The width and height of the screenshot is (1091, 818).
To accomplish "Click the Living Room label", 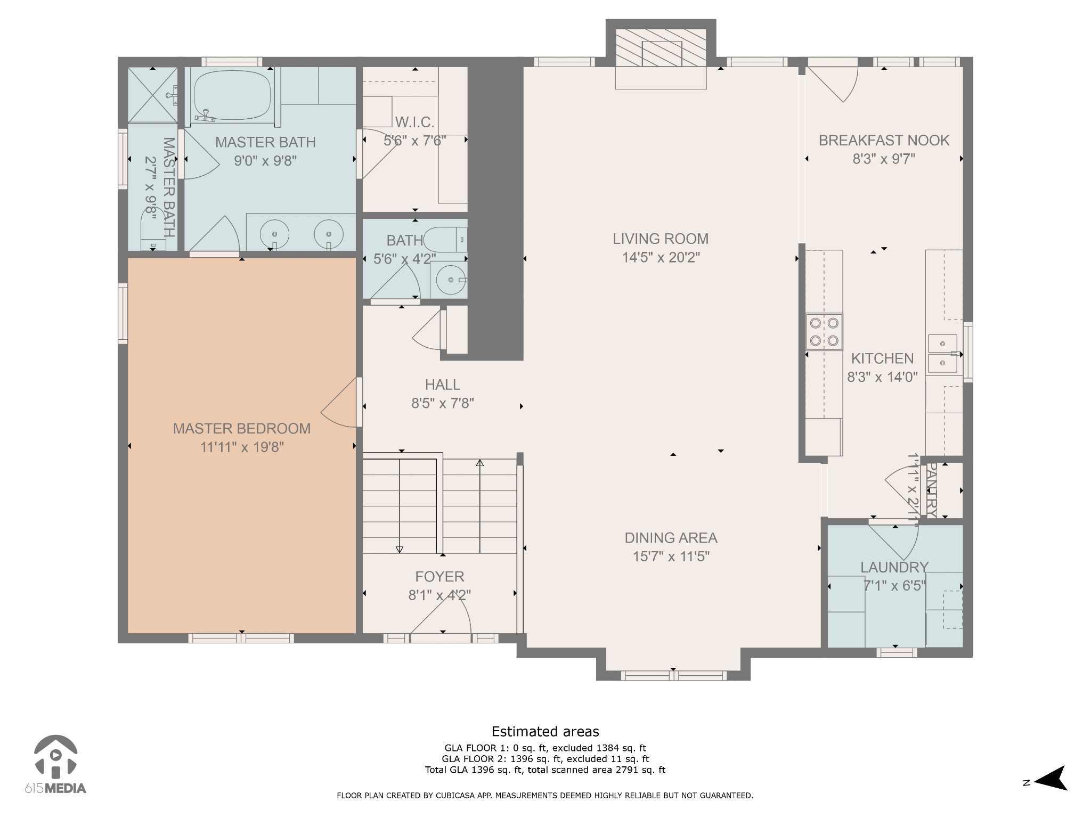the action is [x=661, y=239].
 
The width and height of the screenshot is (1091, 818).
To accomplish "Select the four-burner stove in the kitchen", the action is [x=824, y=331].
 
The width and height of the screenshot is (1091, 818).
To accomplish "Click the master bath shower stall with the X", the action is [x=153, y=95].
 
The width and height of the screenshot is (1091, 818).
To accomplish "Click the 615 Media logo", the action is [x=55, y=764].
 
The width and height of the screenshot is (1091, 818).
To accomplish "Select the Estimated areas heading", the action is [x=545, y=731].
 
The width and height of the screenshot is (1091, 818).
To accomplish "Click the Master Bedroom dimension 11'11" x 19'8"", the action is [x=242, y=447].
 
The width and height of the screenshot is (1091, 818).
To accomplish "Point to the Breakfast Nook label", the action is [x=884, y=140].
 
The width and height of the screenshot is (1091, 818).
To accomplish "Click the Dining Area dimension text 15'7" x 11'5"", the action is [x=671, y=557].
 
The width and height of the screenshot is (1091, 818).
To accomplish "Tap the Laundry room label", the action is [x=894, y=567].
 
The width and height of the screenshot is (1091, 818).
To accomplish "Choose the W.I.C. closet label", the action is [x=414, y=122].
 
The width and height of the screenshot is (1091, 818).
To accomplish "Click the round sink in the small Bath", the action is [x=451, y=279].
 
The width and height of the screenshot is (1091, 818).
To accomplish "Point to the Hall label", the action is [x=443, y=385].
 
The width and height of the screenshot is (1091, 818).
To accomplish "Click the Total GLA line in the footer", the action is [x=545, y=770].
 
